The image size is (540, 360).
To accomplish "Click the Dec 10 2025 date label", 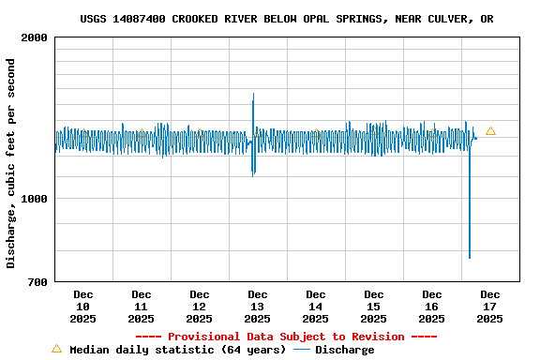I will coord(82,307).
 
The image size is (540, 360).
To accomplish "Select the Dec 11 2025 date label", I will coord(141,307).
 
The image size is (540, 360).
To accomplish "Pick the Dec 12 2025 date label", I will coord(199,307).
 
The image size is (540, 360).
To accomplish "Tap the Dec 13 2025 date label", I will coord(257,307).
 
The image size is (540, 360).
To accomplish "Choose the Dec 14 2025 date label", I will coord(315,307).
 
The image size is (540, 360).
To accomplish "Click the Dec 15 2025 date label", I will coord(373,307).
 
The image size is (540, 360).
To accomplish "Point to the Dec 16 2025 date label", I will coord(431,307).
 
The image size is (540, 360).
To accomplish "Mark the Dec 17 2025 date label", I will coord(489,307).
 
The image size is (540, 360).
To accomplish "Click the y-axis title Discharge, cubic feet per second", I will coord(11,163).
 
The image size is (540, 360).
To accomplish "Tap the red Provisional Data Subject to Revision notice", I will coord(286,337).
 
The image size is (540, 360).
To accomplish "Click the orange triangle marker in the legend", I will coord(56,349).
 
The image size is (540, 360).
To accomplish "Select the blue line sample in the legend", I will coord(301,350).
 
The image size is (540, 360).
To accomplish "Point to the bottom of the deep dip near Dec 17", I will coord(470,258).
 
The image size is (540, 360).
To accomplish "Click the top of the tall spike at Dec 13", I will coord(253,93).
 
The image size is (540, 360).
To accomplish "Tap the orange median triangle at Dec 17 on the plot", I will coord(490,131).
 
